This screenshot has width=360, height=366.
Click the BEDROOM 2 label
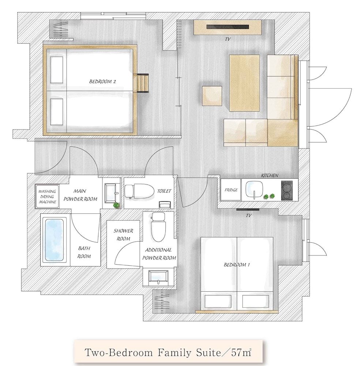pos(102,82)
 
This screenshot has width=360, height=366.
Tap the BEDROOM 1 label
pos(237,265)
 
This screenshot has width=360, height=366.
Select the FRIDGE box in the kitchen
pos(231,190)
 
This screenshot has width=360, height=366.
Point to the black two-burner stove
pos(286,190)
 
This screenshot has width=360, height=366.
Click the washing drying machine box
pos(47,197)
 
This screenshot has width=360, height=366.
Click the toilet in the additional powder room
pos(158,227)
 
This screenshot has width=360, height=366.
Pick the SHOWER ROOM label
pos(123,235)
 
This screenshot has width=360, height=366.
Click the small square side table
pos(212,96)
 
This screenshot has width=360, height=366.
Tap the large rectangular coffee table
pos(244,83)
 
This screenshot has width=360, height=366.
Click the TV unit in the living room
pos(228,27)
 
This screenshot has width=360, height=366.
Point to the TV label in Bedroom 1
pos(248,216)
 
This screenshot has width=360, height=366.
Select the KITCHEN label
pos(269,176)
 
